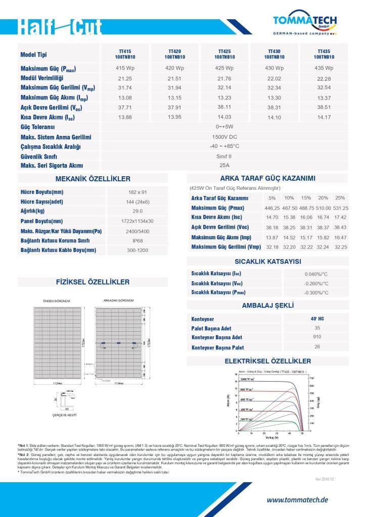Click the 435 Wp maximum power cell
(324, 68)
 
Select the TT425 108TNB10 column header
(224, 55)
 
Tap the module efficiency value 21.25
(125, 78)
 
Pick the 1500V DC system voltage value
(224, 137)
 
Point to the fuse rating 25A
(224, 165)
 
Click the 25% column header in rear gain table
(340, 198)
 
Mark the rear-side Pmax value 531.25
(340, 208)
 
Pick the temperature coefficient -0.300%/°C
(316, 293)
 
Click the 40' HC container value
(317, 319)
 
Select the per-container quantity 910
(317, 337)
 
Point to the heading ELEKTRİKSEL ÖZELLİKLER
(267, 361)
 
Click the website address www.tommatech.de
(297, 500)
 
